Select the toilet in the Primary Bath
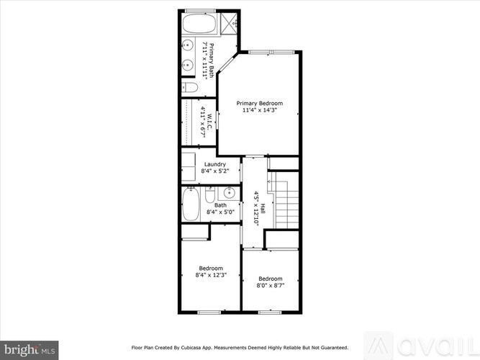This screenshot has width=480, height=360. point(190,88)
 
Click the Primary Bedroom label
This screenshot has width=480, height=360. point(260,103)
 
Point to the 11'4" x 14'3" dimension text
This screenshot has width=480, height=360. point(260,111)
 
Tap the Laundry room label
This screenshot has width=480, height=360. point(215,164)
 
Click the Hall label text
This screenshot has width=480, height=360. point(263,207)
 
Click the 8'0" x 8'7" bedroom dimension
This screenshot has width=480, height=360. point(270,286)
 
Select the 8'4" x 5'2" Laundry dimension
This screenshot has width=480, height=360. point(215,171)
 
